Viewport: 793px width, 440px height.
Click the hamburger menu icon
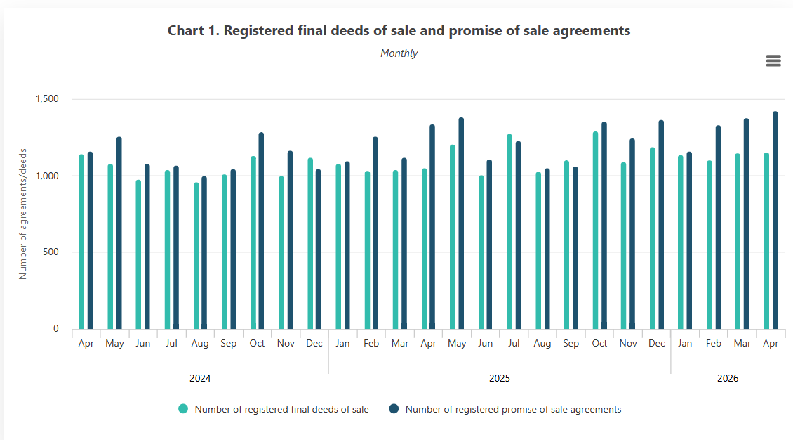pyautogui.click(x=773, y=60)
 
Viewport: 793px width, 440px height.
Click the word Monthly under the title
pyautogui.click(x=399, y=53)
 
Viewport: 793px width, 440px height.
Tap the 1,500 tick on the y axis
pyautogui.click(x=47, y=98)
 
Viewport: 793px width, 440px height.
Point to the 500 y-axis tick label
pyautogui.click(x=51, y=252)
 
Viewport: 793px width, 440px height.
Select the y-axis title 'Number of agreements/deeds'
pyautogui.click(x=22, y=214)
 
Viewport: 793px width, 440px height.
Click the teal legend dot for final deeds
pyautogui.click(x=183, y=408)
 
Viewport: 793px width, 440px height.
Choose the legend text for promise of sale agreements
pyautogui.click(x=513, y=409)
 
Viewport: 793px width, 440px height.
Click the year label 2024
pyautogui.click(x=200, y=378)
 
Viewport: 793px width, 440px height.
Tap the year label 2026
pyautogui.click(x=727, y=378)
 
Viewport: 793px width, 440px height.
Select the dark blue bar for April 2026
pyautogui.click(x=775, y=220)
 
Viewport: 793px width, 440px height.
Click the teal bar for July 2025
pyautogui.click(x=509, y=232)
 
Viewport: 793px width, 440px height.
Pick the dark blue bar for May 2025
pyautogui.click(x=461, y=224)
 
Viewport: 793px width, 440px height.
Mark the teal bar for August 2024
pyautogui.click(x=196, y=256)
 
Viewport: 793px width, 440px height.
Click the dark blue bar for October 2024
pyautogui.click(x=261, y=231)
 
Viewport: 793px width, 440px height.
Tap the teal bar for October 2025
pyautogui.click(x=595, y=231)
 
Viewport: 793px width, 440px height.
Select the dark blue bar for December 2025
pyautogui.click(x=661, y=225)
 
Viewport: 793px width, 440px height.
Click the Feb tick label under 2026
pyautogui.click(x=713, y=343)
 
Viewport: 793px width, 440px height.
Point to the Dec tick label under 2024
pyautogui.click(x=314, y=343)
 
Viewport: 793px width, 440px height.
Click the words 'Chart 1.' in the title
pyautogui.click(x=194, y=30)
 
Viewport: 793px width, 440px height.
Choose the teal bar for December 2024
pyautogui.click(x=310, y=243)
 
